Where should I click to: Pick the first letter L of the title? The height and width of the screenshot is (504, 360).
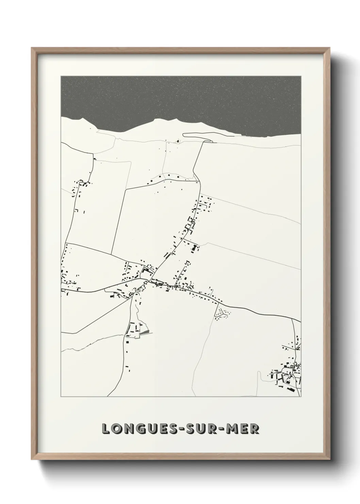(106, 429)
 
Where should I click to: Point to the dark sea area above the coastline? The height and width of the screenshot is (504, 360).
(180, 99)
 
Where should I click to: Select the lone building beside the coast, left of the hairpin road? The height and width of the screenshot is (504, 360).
(177, 141)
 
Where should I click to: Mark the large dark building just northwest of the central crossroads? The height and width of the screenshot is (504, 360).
(146, 271)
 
